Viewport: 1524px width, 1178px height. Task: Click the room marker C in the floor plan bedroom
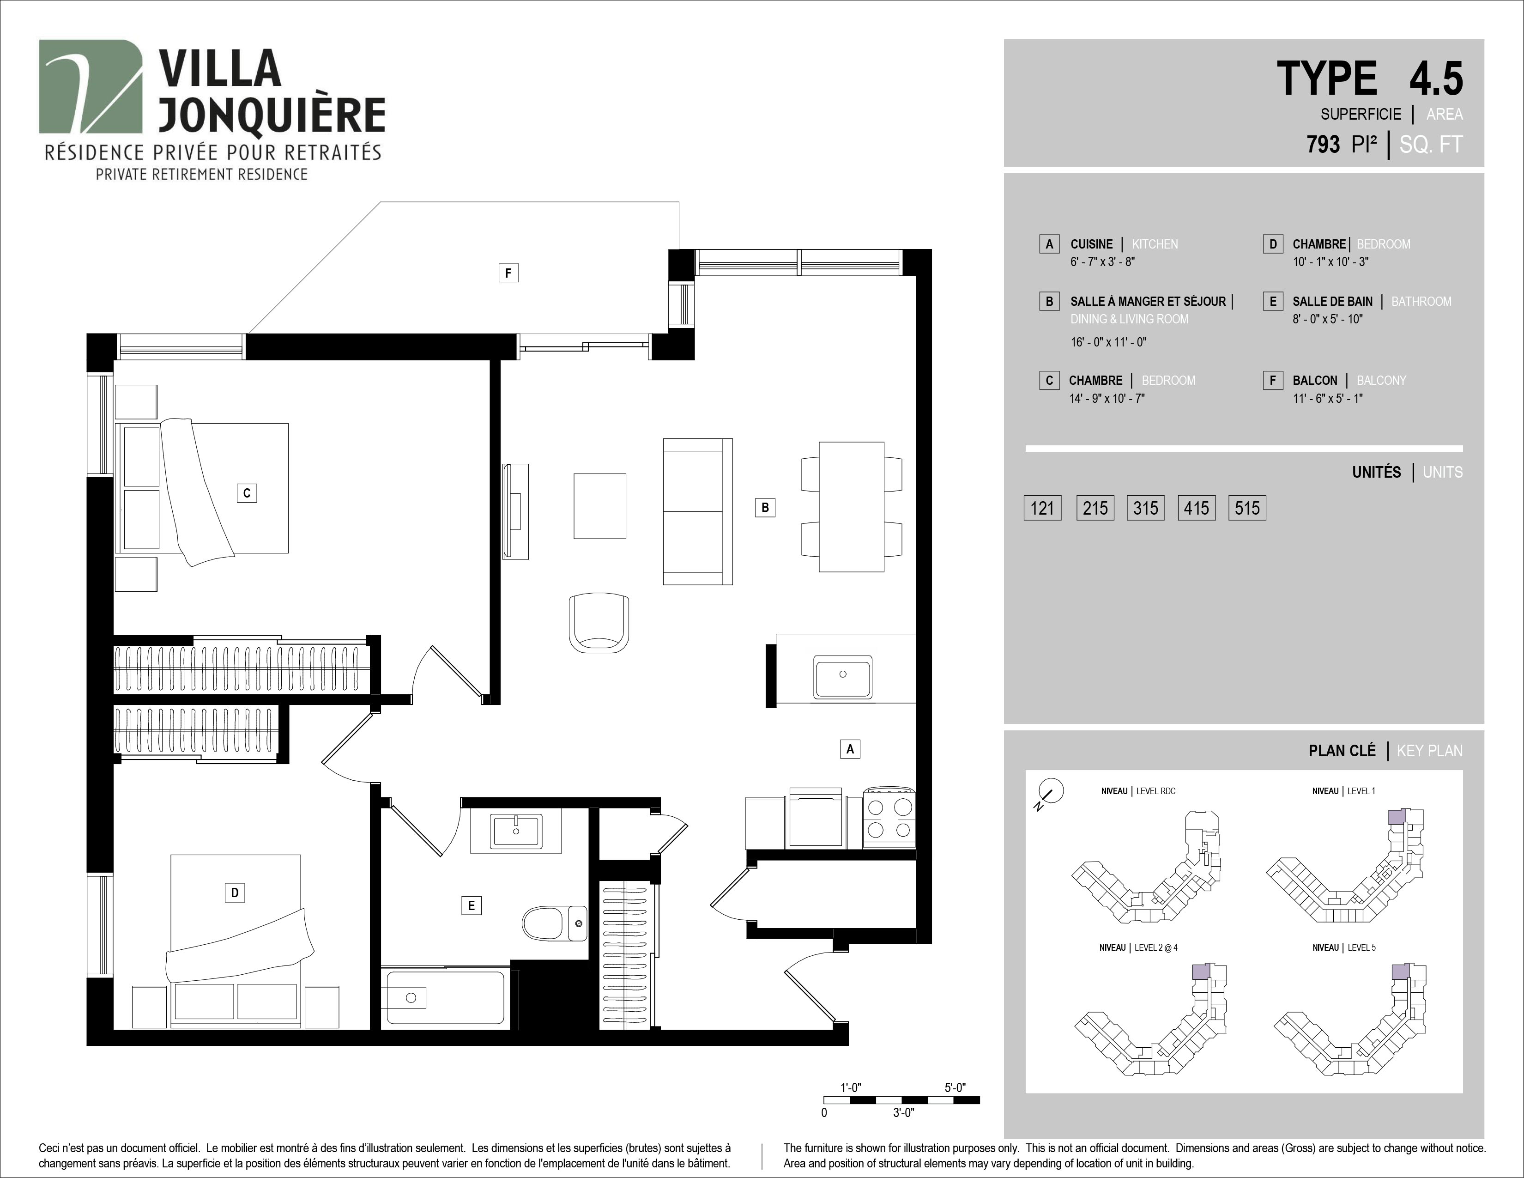tap(246, 493)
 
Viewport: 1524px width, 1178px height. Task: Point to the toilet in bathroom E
tap(555, 923)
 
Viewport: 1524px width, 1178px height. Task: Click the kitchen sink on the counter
tap(842, 676)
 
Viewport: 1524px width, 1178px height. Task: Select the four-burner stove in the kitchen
tap(889, 818)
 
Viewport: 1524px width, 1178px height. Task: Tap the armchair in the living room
tap(599, 623)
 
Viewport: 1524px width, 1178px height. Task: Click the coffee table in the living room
tap(600, 506)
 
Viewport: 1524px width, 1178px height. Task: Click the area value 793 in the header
tap(1323, 145)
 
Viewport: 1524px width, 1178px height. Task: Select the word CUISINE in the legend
tap(1091, 244)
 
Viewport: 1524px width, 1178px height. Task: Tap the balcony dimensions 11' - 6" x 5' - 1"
tap(1327, 399)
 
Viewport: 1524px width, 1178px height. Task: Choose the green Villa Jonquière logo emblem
tap(90, 86)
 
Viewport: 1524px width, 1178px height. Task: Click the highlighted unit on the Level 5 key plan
tap(1400, 972)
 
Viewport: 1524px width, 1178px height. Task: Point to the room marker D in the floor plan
tap(235, 892)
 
